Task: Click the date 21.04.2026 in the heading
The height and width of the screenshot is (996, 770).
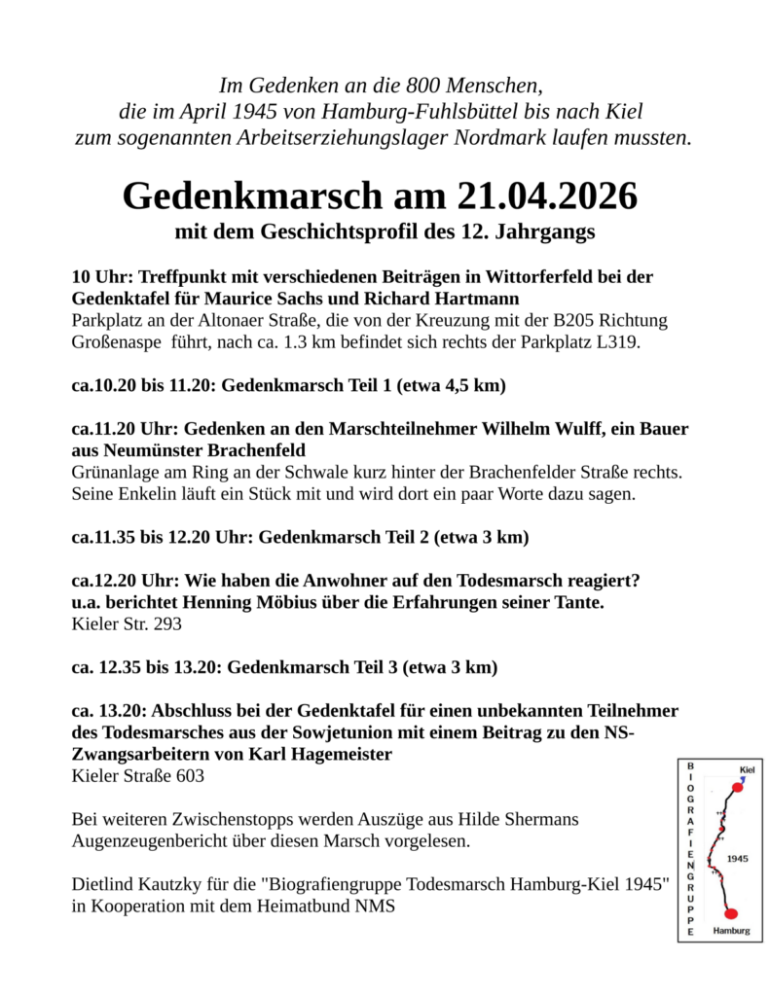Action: (x=545, y=196)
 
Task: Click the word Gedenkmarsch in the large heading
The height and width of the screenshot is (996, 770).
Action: (x=254, y=196)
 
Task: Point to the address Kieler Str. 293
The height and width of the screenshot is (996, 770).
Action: (x=127, y=624)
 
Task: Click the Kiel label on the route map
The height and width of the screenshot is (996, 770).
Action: (x=748, y=768)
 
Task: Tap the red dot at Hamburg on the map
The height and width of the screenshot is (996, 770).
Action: (x=731, y=912)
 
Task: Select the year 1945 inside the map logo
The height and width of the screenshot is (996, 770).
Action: (x=737, y=859)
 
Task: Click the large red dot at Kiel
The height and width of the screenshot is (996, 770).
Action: (x=737, y=787)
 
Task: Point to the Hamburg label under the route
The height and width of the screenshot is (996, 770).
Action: (x=731, y=930)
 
